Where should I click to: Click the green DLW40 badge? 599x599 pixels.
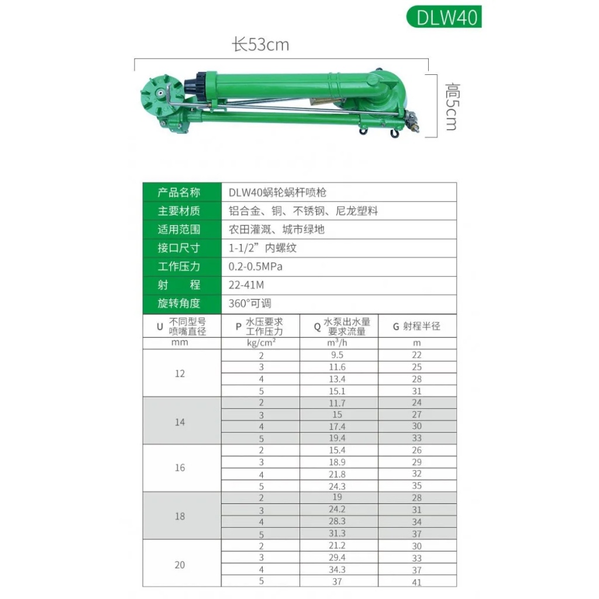pos(444,17)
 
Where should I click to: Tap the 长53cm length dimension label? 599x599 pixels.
pos(260,45)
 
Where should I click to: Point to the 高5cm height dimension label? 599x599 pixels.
pos(452,106)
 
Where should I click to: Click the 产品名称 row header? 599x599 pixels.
pos(179,192)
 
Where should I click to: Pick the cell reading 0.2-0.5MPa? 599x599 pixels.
pos(256,266)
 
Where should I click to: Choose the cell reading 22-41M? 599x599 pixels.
pos(246,285)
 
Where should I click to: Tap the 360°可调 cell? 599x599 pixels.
pos(250,304)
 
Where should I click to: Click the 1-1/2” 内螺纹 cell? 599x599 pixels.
pos(263,248)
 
